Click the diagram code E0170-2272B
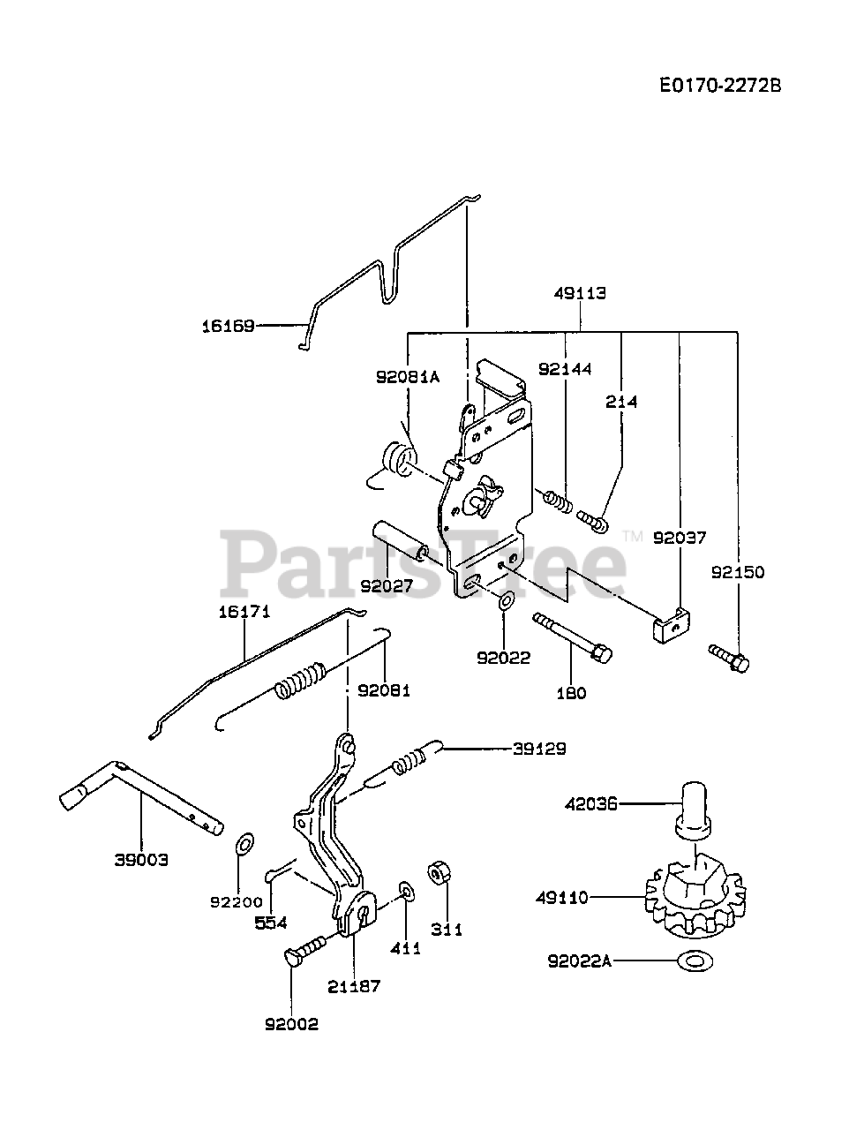pos(721,85)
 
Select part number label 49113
pos(580,294)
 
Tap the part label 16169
pos(228,326)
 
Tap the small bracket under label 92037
pos(667,626)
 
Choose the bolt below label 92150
pos(729,658)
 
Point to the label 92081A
pos(407,376)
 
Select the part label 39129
pos(539,749)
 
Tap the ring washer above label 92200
pos(245,843)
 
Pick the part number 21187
pos(353,986)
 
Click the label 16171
pos(244,612)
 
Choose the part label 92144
pos(565,369)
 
